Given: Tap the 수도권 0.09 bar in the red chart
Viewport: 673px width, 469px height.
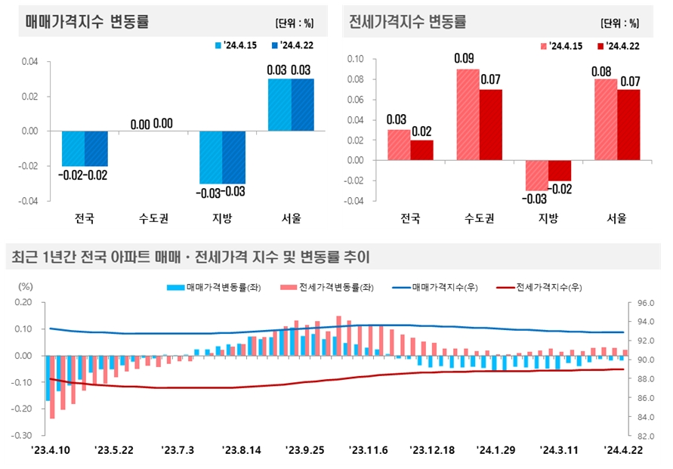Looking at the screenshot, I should point(468,114).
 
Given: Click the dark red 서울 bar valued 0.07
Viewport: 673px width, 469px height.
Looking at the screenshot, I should point(628,125).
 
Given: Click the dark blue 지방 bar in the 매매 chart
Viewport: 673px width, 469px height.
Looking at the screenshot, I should point(233,157).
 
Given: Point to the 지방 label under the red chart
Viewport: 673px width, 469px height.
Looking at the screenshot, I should point(548,219).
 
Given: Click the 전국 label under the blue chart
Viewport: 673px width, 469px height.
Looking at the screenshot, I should point(85,219).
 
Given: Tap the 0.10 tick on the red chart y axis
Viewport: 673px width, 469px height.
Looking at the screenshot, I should point(354,59).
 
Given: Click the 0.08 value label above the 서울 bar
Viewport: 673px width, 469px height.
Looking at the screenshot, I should point(605,72).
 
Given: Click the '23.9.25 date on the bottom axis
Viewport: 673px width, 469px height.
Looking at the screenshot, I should point(305,450).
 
